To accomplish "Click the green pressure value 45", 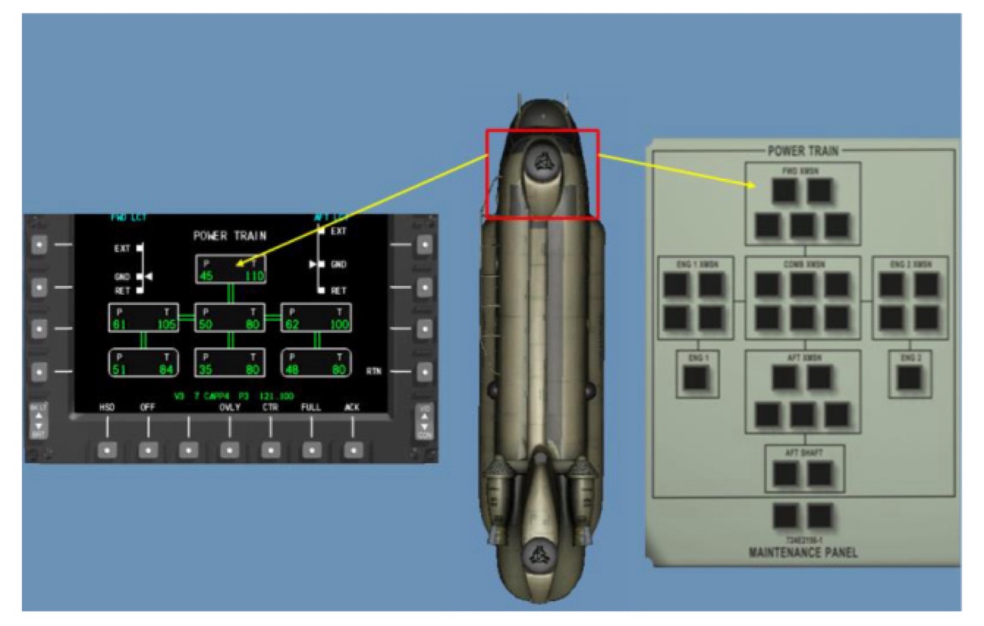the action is coord(204,277).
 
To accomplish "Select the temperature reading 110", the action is coord(255,277).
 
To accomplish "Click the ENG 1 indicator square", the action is coord(694,378).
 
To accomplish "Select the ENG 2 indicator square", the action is coord(911,378).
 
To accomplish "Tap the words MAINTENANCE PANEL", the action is coord(803,553).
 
